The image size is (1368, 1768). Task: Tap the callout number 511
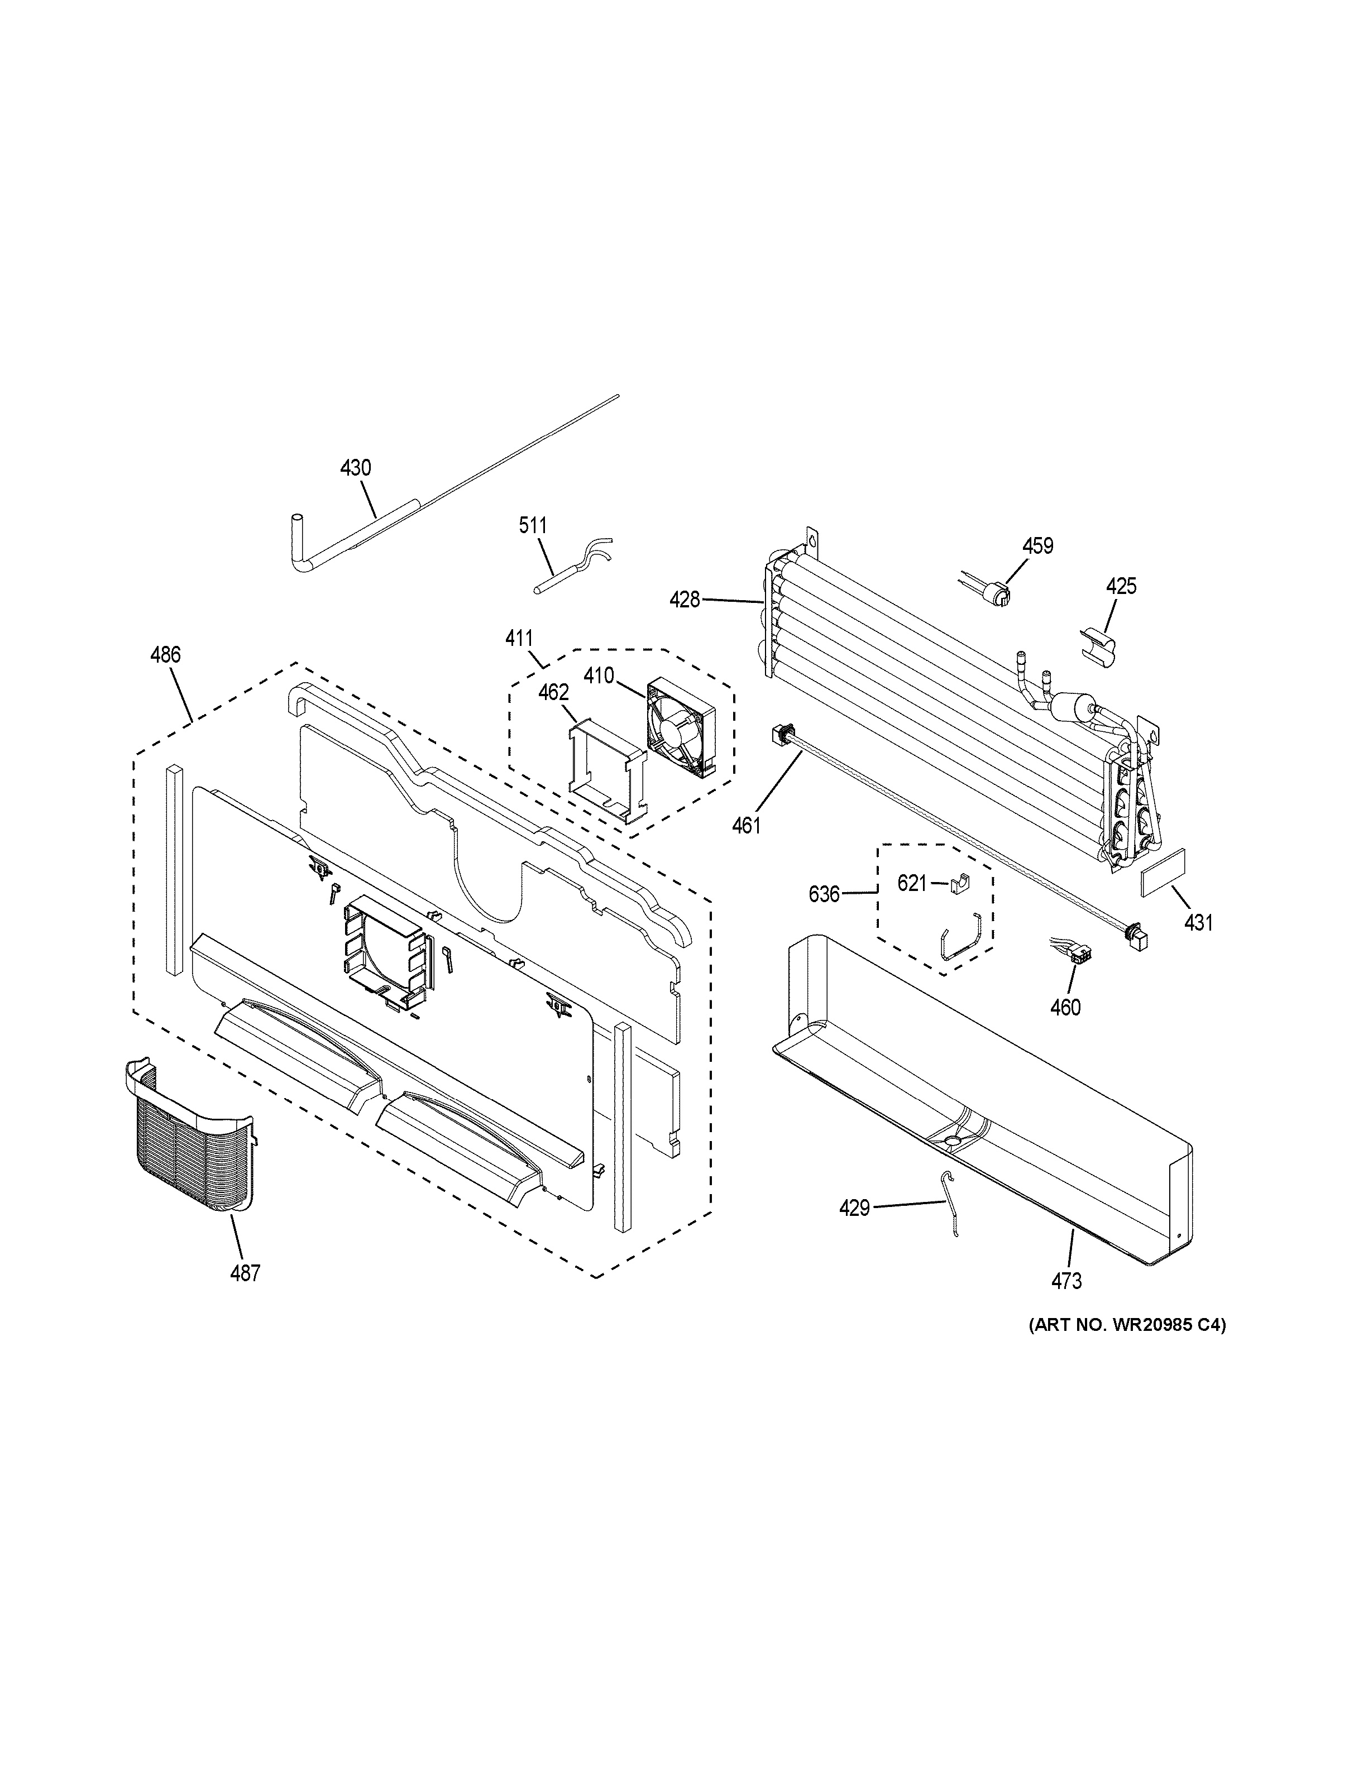(533, 525)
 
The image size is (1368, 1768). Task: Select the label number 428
(684, 600)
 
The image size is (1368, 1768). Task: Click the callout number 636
(824, 894)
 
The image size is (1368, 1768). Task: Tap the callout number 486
(165, 654)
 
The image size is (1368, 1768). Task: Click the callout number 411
(519, 638)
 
